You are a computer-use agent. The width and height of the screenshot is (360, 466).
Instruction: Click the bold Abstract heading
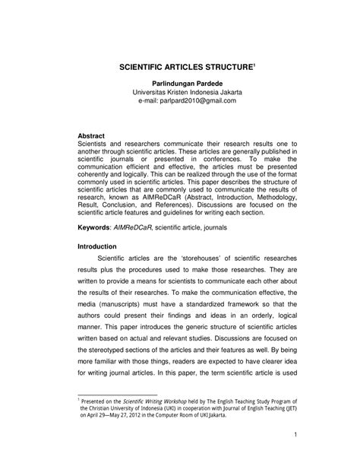point(94,135)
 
